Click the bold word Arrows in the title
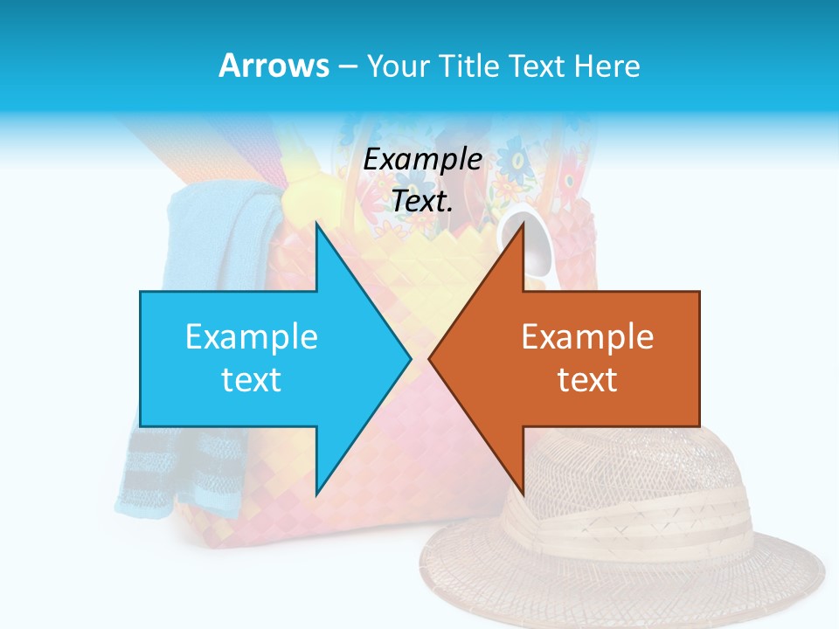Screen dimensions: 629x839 274,66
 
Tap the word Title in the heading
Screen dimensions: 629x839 469,66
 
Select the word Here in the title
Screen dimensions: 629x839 607,66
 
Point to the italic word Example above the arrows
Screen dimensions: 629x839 423,160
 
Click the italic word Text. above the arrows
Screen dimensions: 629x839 423,202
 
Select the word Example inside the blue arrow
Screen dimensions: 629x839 252,337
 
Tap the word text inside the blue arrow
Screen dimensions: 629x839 252,380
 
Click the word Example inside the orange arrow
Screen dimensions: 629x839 587,337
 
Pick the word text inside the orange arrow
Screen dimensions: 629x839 587,380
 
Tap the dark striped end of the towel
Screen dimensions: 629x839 157,472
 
